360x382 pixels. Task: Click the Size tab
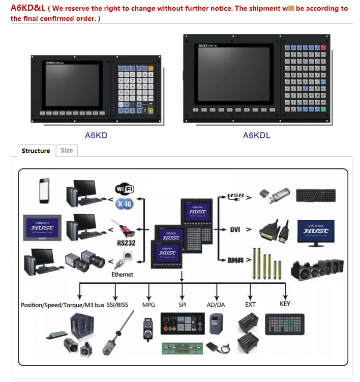pos(67,150)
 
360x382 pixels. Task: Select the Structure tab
pos(36,151)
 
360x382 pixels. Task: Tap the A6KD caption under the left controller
pos(96,135)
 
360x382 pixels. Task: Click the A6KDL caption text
pos(256,135)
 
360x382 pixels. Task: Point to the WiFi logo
pos(125,189)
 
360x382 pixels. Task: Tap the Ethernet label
pos(122,274)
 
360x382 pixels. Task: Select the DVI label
pos(235,229)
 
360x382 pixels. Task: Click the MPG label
pos(148,305)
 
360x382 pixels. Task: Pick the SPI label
pos(183,305)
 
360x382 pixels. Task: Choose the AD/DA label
pos(216,305)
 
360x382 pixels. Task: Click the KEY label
pos(285,304)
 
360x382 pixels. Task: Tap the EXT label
pos(250,305)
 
